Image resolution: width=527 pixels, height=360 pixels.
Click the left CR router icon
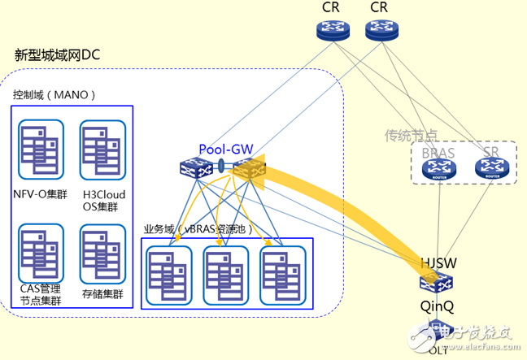coord(332,30)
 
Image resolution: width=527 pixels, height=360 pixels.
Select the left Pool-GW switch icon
coord(197,168)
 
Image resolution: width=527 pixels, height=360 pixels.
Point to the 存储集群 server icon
coord(102,253)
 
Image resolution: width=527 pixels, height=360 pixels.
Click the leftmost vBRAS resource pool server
coord(168,273)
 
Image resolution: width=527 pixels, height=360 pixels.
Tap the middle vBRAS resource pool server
coord(225,273)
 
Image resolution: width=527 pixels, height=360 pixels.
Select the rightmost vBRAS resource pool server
coord(282,273)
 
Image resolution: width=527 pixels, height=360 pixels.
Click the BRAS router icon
coord(439,169)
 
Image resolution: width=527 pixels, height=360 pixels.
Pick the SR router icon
coord(490,169)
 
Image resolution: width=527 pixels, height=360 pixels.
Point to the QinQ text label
coord(436,307)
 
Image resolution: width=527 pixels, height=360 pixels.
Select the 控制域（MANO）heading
coord(54,94)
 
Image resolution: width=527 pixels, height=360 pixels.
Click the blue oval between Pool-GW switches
coord(222,168)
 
